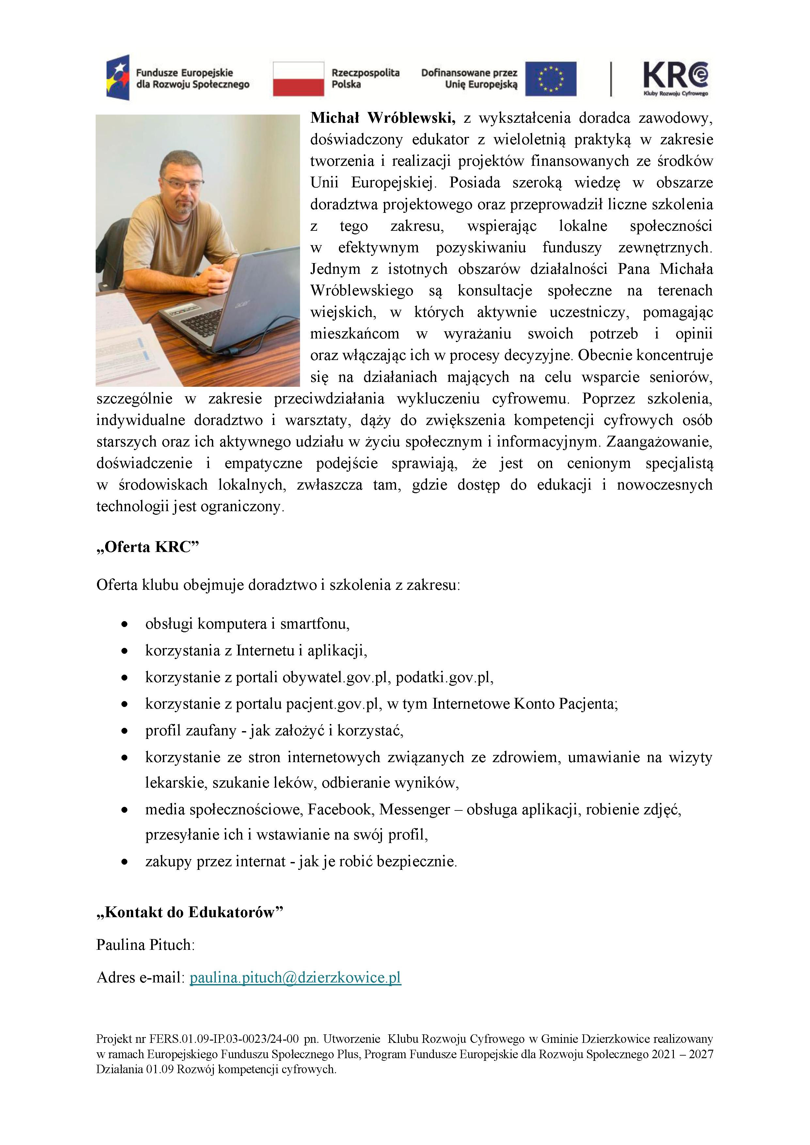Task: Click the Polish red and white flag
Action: (298, 79)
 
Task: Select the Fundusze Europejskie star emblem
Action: (118, 77)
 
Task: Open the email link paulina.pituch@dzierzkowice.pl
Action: (295, 978)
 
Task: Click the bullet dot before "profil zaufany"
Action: (125, 731)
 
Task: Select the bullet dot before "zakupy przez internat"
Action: (125, 862)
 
